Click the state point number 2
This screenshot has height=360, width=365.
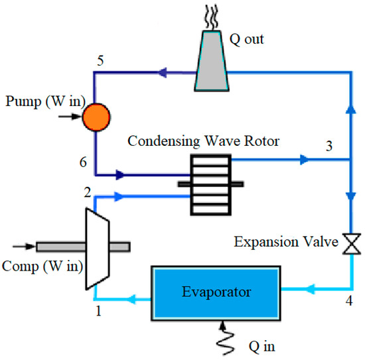click(x=86, y=193)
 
